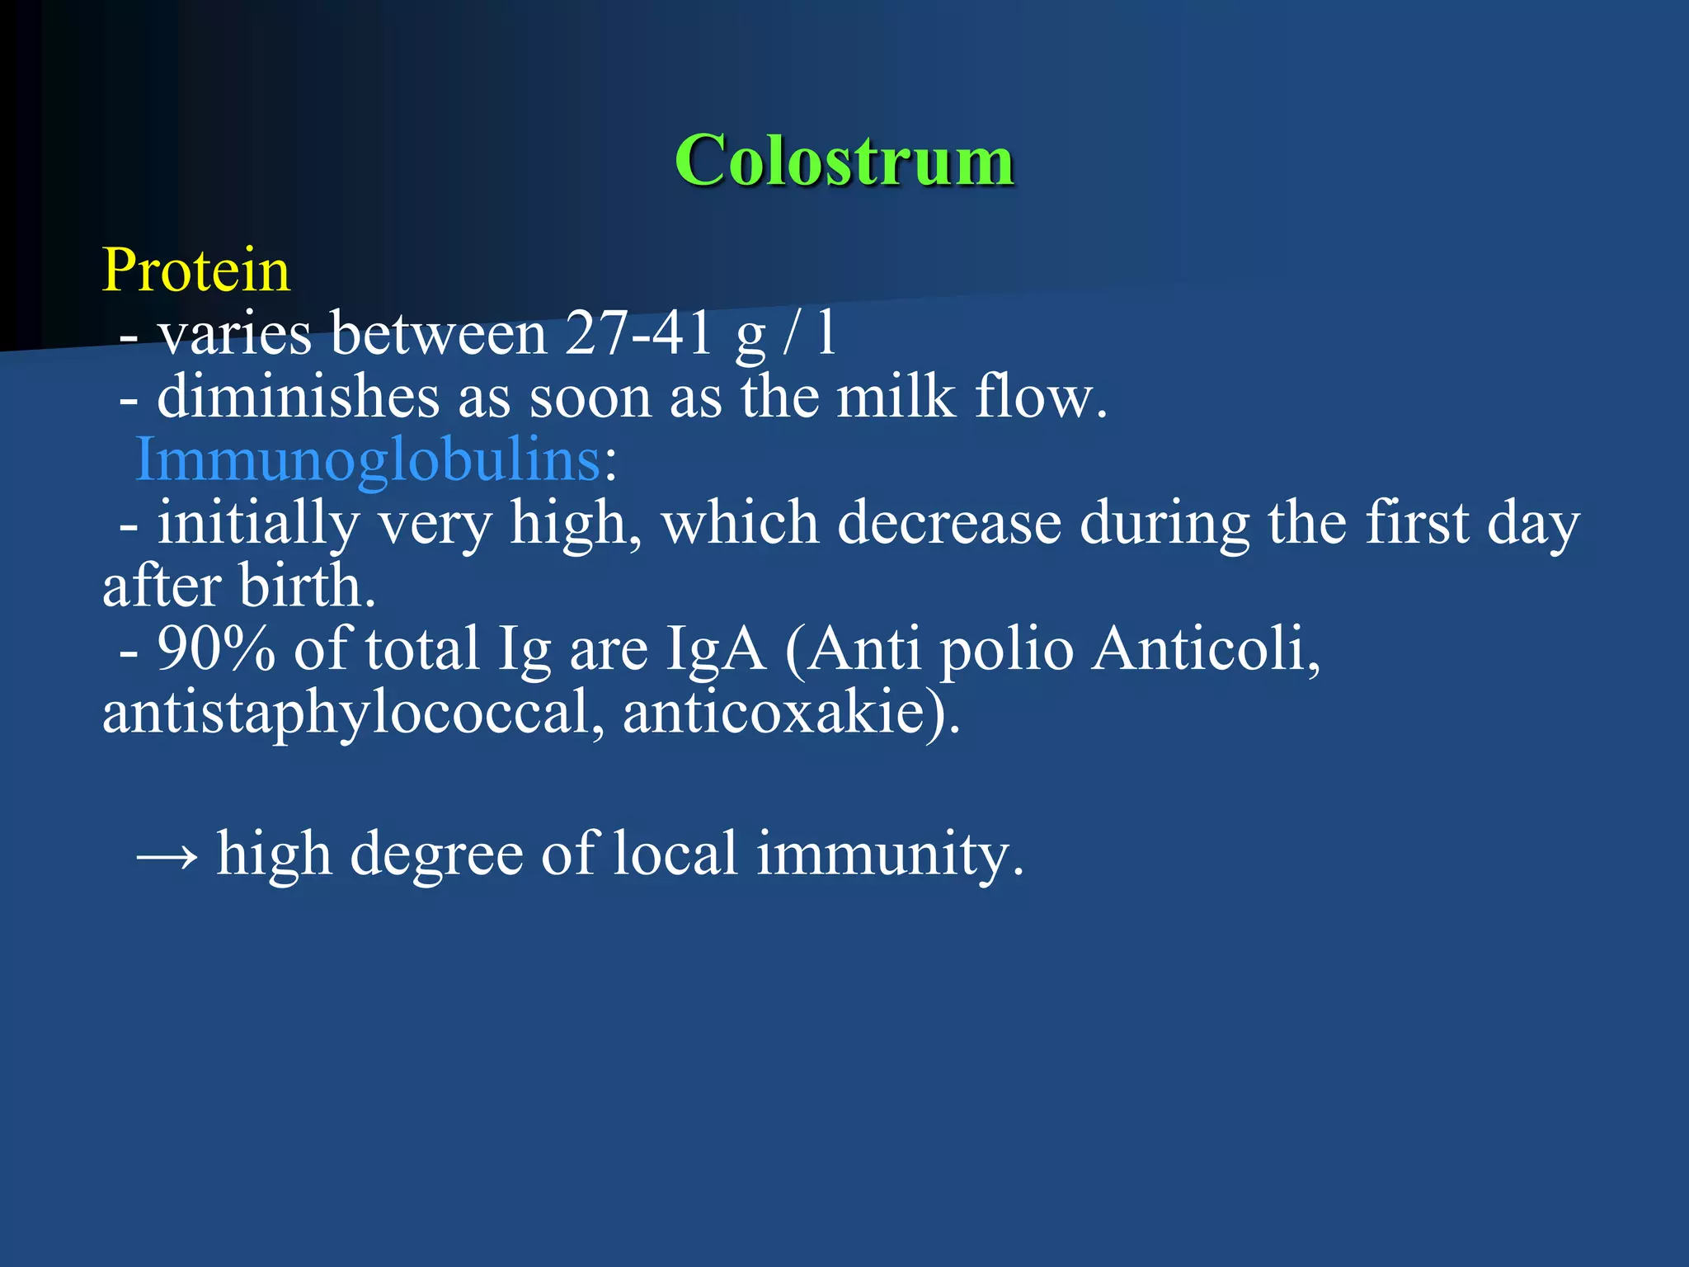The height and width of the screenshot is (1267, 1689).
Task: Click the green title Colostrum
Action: [x=844, y=160]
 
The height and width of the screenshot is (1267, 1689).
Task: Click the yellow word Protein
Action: [x=196, y=271]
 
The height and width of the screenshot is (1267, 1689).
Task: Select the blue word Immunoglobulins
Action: [x=368, y=459]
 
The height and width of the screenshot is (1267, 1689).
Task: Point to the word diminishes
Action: [x=298, y=398]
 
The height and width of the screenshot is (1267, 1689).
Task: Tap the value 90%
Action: [x=216, y=649]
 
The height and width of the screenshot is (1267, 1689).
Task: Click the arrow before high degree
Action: [x=167, y=856]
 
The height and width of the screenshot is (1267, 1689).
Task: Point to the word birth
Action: [x=307, y=586]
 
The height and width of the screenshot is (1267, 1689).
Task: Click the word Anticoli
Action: [x=1205, y=649]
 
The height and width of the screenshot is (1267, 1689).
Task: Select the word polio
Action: [x=1007, y=649]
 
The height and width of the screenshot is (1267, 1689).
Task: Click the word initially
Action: [x=258, y=524]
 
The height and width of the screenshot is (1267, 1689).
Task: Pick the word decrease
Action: [x=949, y=524]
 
